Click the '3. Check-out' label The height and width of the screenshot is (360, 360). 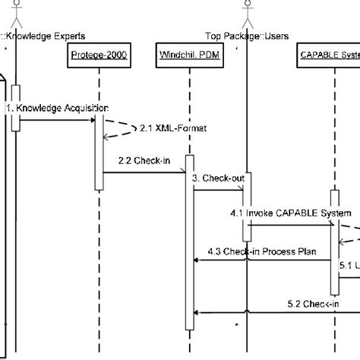pyautogui.click(x=218, y=178)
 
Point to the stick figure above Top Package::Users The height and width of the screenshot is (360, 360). pyautogui.click(x=246, y=11)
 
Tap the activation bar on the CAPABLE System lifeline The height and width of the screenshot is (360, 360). pyautogui.click(x=333, y=243)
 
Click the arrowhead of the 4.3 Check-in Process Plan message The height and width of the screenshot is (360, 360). pyautogui.click(x=197, y=260)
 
